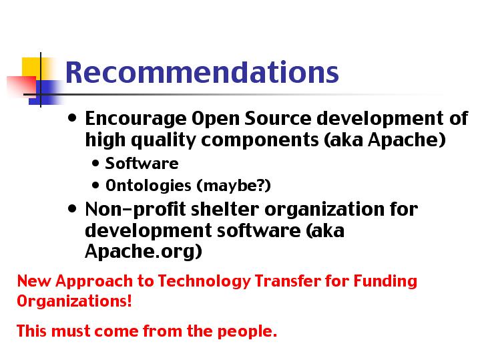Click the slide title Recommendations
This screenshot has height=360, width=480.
tap(202, 72)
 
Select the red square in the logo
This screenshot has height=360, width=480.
tap(21, 86)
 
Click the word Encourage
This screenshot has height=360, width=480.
tap(136, 119)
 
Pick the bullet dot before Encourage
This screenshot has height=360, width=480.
tap(72, 118)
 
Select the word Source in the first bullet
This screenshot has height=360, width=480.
tap(278, 118)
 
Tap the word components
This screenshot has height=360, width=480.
tap(260, 141)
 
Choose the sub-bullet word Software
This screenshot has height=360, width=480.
tap(142, 163)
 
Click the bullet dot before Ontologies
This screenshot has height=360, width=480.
tap(95, 185)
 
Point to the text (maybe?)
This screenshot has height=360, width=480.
tap(234, 186)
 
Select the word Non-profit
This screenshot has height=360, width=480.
tap(136, 210)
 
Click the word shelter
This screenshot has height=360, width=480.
tap(225, 210)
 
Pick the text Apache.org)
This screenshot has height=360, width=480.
tap(144, 252)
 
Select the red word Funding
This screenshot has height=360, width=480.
tap(385, 281)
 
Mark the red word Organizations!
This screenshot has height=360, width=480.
tap(74, 301)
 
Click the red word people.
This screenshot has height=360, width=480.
tap(247, 331)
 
